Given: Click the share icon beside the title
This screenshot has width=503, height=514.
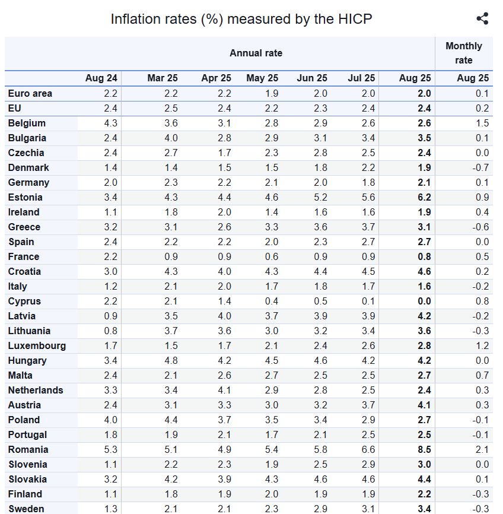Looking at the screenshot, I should [x=482, y=18].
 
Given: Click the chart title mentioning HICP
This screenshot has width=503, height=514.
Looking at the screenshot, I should [x=241, y=18].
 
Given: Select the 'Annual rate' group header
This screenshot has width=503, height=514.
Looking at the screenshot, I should [x=256, y=53].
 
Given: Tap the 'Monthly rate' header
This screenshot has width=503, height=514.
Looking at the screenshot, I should [x=463, y=53].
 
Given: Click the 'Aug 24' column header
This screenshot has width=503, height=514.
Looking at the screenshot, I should [x=101, y=78].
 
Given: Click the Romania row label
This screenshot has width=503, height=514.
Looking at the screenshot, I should [x=28, y=449].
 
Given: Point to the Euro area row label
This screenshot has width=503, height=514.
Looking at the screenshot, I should [x=30, y=93].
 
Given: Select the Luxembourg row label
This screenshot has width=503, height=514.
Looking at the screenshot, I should [x=37, y=345].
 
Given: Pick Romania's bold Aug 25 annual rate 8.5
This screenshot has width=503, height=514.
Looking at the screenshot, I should [x=424, y=449].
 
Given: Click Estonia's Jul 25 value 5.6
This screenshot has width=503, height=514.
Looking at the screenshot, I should [x=368, y=197].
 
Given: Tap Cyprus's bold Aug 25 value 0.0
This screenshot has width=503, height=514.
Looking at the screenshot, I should [x=424, y=301].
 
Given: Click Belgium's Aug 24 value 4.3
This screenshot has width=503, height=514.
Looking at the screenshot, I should [x=110, y=123].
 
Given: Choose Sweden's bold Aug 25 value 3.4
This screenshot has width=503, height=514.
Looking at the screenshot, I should [x=424, y=509].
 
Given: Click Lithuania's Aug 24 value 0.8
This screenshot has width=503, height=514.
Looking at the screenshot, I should [x=110, y=331].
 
